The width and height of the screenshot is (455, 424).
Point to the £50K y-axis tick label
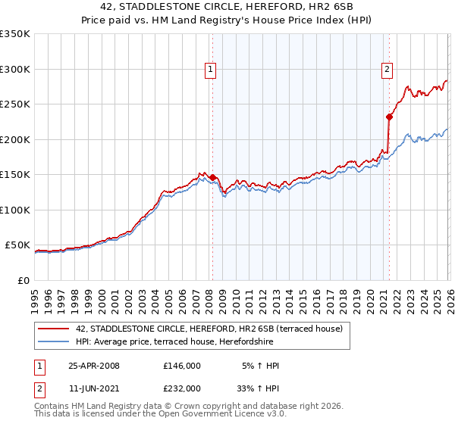tap(17, 245)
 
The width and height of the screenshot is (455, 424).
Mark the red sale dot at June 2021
tap(389, 117)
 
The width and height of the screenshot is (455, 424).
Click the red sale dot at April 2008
tap(212, 177)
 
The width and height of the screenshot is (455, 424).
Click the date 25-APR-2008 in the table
tap(93, 366)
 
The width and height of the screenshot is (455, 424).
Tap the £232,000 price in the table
tap(181, 388)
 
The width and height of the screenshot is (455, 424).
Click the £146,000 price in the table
tap(181, 366)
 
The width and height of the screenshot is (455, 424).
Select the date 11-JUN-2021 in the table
tap(93, 388)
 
